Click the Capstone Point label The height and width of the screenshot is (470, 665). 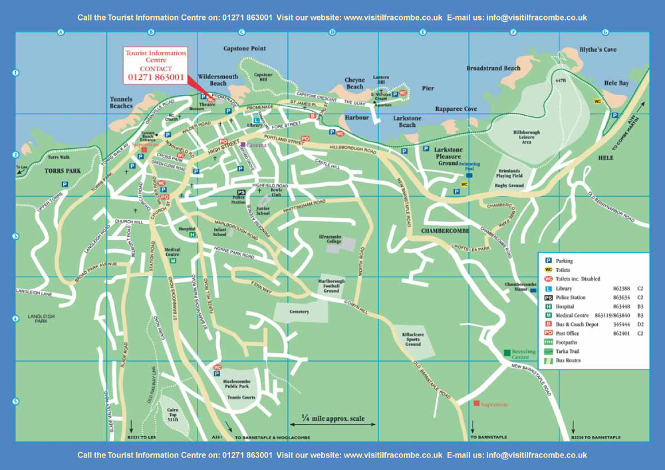[244, 49]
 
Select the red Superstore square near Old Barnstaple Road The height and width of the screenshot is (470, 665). [476, 404]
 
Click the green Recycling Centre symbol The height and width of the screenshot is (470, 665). [507, 352]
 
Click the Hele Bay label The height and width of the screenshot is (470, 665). [616, 84]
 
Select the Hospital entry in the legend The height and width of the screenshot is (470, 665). [565, 307]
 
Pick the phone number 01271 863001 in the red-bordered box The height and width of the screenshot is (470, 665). [155, 77]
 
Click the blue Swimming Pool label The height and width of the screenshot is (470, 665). [469, 164]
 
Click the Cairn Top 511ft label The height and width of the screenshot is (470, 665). [172, 415]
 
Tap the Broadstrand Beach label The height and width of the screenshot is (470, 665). [493, 68]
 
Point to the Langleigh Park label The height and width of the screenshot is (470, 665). [37, 318]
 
